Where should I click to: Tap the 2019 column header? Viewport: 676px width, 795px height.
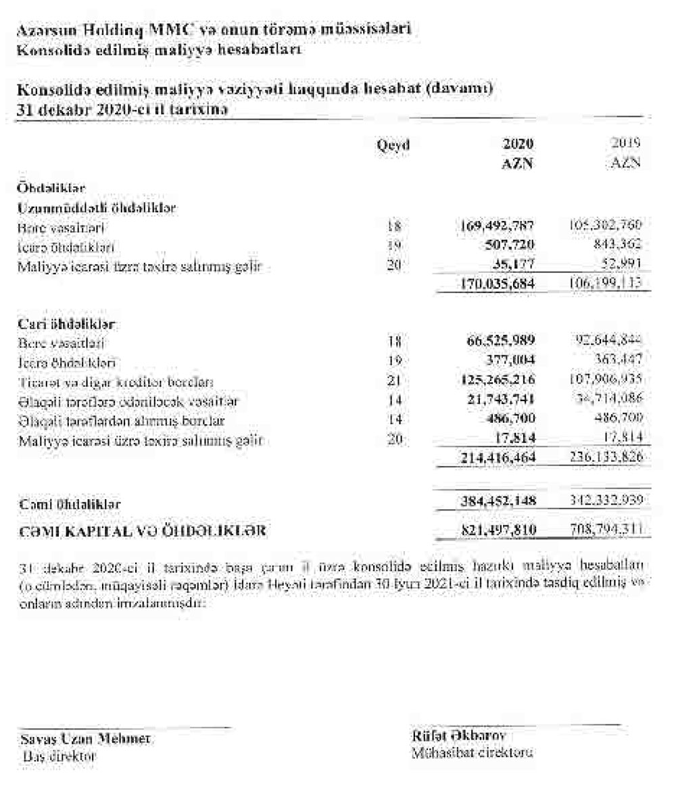click(625, 143)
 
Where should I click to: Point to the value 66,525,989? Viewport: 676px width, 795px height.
click(499, 343)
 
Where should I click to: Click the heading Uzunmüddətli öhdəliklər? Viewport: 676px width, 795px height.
click(97, 208)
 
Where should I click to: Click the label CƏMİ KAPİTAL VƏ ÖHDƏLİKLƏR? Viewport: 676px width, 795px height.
click(141, 532)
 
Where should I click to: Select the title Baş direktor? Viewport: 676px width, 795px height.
click(59, 756)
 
